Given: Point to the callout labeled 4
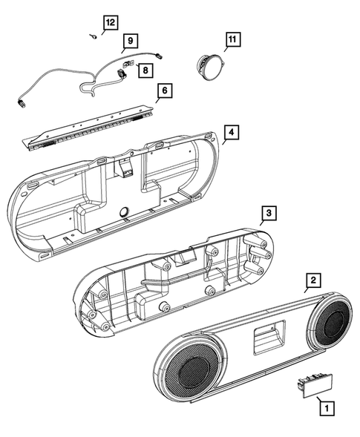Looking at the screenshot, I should click(x=232, y=133).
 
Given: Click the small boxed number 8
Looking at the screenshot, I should click(x=145, y=70).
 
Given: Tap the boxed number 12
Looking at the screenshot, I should click(x=109, y=22).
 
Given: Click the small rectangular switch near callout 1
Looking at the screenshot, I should click(x=312, y=385).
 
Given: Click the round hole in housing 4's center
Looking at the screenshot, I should click(x=122, y=211).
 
